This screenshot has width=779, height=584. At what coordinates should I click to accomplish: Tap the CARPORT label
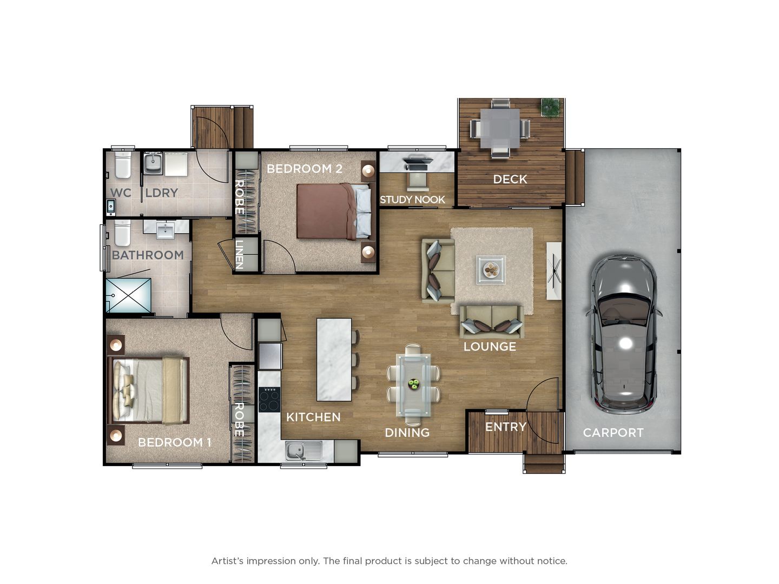tap(613, 433)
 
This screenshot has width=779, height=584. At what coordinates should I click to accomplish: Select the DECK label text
tap(510, 179)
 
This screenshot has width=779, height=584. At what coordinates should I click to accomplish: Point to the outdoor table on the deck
tap(500, 129)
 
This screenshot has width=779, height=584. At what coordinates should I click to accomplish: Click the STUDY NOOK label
tap(412, 200)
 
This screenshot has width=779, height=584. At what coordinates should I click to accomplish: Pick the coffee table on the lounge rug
tap(491, 269)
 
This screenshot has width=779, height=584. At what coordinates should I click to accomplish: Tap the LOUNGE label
tap(490, 347)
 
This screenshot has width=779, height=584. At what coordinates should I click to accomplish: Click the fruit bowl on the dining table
tap(414, 384)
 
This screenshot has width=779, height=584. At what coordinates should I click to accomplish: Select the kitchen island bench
tap(334, 360)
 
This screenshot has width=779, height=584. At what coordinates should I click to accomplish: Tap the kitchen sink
tap(297, 450)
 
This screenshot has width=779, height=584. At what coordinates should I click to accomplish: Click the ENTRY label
tap(505, 427)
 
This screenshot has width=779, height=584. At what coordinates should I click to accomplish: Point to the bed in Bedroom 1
tap(149, 390)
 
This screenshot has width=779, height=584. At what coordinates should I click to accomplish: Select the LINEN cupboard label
tap(239, 254)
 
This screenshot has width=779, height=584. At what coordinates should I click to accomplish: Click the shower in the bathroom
tap(129, 295)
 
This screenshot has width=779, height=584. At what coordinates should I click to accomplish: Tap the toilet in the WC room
tap(123, 165)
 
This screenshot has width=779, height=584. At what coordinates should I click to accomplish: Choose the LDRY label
tap(161, 193)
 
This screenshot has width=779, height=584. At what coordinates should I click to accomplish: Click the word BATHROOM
tap(148, 255)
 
